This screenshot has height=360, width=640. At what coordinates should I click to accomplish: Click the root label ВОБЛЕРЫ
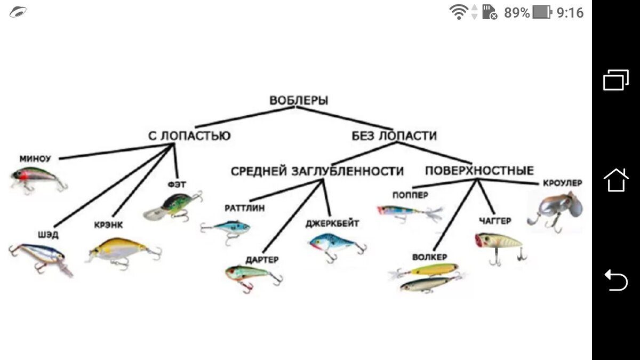coord(299,100)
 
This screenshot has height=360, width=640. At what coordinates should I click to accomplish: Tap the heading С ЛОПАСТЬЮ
coord(189,136)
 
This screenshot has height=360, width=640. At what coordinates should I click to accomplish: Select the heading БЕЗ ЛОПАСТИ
coord(394,136)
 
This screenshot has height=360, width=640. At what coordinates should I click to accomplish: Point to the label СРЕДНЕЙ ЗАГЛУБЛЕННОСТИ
coord(317,171)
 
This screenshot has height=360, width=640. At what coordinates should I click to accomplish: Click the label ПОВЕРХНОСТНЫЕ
coord(479,171)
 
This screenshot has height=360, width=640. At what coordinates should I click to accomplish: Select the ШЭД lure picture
coord(40,256)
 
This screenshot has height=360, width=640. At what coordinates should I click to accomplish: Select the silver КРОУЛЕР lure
coord(555,210)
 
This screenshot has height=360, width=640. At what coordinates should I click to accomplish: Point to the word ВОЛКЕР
coord(429,257)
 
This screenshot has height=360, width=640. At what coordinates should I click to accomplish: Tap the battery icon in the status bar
coord(542,12)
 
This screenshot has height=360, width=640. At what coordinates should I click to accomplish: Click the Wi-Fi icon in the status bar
coord(459,12)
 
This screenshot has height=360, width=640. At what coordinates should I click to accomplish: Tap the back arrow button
coord(615,279)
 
